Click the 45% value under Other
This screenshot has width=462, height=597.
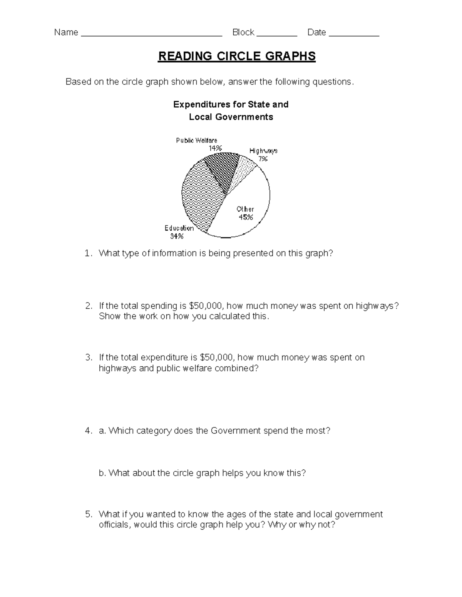246,217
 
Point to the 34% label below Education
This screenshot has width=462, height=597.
177,236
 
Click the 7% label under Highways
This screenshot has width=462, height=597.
263,158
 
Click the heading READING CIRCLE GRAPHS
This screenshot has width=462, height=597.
237,56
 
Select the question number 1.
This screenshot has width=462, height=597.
88,253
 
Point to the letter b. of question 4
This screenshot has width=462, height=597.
102,473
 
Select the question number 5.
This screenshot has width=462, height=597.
88,514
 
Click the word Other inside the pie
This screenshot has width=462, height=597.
245,209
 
